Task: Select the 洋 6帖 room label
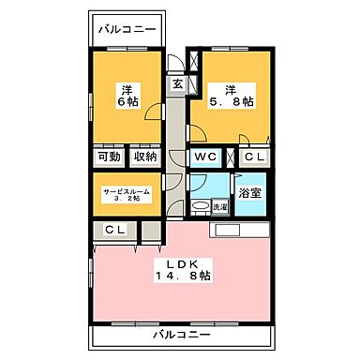click(127, 96)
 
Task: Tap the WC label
click(206, 157)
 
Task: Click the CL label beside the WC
click(255, 157)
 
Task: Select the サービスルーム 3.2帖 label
click(127, 194)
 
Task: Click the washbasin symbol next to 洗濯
click(199, 206)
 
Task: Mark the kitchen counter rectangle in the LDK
click(242, 229)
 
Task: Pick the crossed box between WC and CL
click(230, 157)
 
